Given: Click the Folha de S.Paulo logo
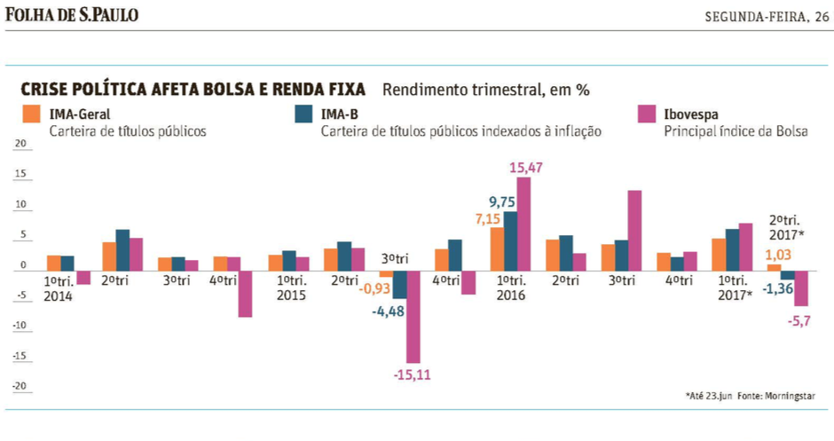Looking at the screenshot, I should click(x=72, y=15).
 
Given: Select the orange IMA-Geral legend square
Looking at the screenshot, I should click(x=30, y=114).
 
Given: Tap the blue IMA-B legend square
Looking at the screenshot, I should click(x=303, y=114).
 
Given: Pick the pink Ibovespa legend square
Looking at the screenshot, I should click(x=647, y=114).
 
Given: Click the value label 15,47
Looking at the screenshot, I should click(x=527, y=167).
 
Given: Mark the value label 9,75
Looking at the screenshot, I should click(x=504, y=201).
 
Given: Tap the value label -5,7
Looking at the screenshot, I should click(x=800, y=320).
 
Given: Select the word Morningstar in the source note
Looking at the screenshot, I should click(x=790, y=396).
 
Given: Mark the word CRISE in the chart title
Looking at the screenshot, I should click(x=45, y=90).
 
